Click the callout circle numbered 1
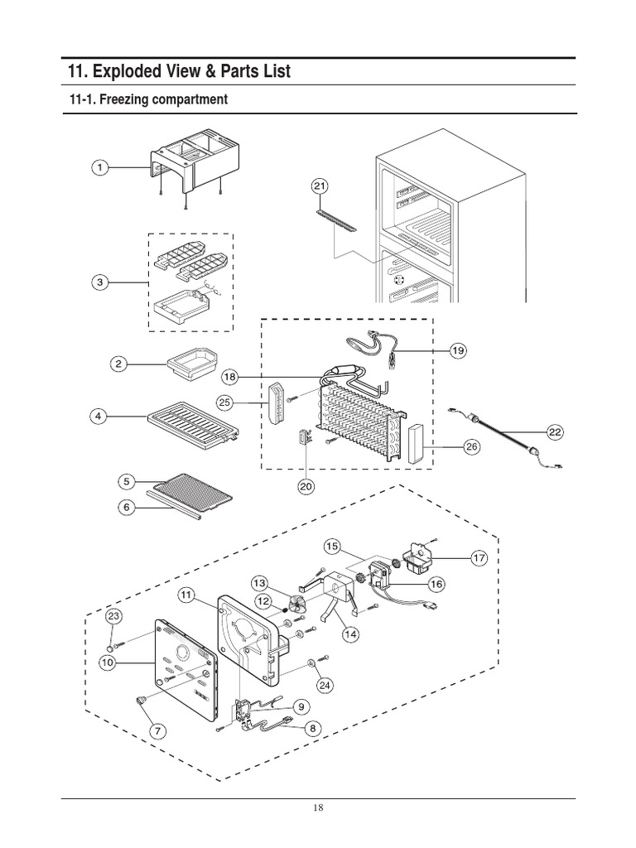pyautogui.click(x=100, y=168)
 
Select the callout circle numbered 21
pyautogui.click(x=321, y=186)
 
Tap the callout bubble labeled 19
pyautogui.click(x=457, y=351)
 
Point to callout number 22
pyautogui.click(x=554, y=431)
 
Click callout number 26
pyautogui.click(x=471, y=448)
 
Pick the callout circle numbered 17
pyautogui.click(x=478, y=559)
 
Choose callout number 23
pyautogui.click(x=113, y=617)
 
